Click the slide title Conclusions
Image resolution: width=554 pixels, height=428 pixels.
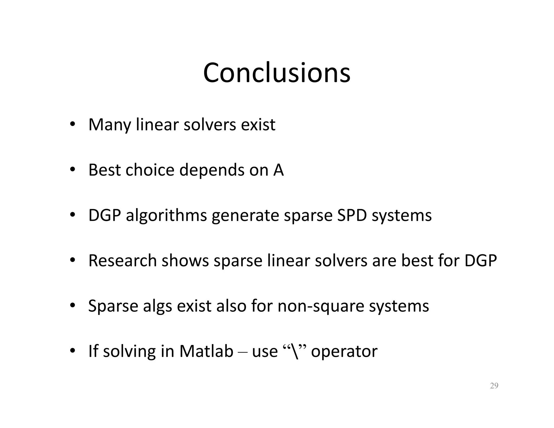pyautogui.click(x=276, y=73)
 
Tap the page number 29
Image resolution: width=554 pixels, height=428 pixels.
pyautogui.click(x=494, y=386)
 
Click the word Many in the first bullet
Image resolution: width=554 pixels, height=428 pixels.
pyautogui.click(x=110, y=125)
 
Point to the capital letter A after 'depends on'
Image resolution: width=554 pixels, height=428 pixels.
pyautogui.click(x=278, y=170)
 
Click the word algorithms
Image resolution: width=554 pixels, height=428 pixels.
pyautogui.click(x=166, y=216)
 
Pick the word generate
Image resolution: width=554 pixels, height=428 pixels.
pyautogui.click(x=245, y=216)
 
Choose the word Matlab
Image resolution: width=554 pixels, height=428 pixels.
pyautogui.click(x=206, y=351)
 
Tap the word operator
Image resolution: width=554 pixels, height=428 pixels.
pyautogui.click(x=344, y=351)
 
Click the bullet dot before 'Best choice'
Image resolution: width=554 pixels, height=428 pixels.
pyautogui.click(x=72, y=170)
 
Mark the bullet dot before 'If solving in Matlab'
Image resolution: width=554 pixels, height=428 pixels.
pyautogui.click(x=72, y=351)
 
